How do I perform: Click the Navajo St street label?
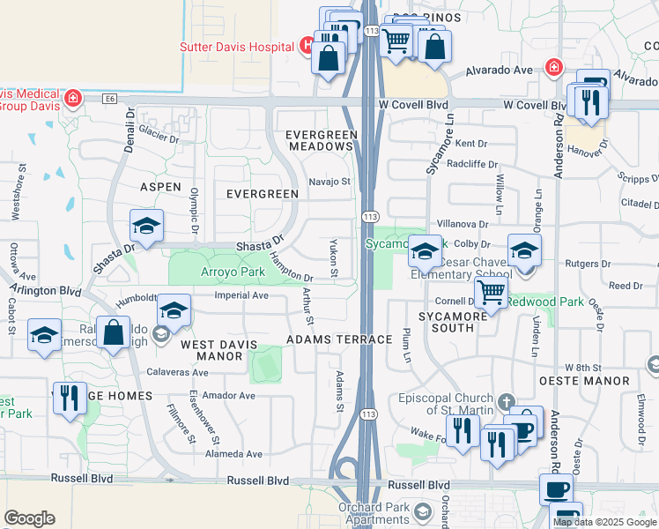tap(329, 183)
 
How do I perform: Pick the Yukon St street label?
tap(333, 257)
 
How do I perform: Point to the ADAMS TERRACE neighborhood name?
tap(340, 339)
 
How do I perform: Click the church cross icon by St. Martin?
tap(505, 401)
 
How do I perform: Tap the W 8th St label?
tap(582, 367)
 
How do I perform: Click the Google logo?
tap(30, 518)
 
